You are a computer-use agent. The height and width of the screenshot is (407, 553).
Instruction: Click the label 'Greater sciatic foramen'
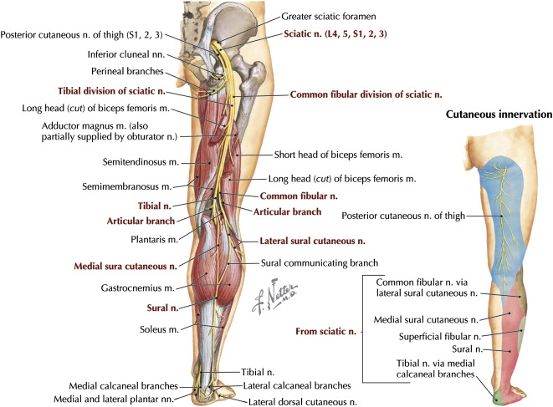(340, 16)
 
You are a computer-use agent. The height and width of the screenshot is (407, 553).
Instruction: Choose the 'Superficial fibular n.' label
(437, 336)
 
